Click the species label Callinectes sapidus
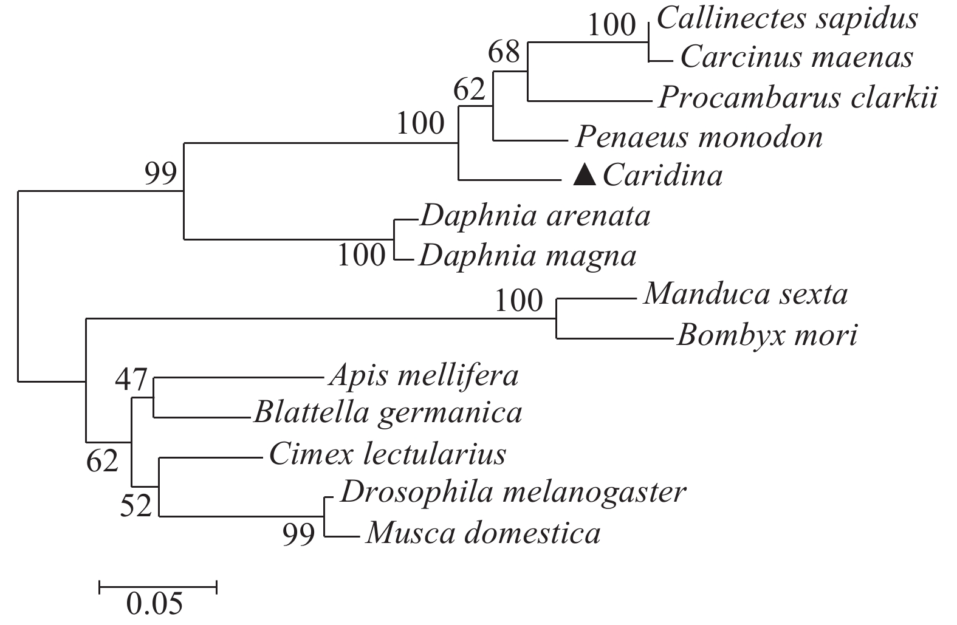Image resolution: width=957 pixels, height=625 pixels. (787, 19)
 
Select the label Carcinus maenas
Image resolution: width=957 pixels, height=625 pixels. (797, 58)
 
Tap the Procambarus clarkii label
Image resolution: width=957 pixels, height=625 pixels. (798, 98)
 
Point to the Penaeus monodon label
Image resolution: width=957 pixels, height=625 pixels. (699, 137)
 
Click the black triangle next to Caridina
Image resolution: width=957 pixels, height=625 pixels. (585, 176)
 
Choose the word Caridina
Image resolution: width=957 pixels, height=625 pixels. (663, 176)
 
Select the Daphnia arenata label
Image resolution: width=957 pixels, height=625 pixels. (535, 216)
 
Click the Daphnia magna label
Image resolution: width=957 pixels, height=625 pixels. (527, 256)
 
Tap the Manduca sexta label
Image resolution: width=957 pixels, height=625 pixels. (746, 295)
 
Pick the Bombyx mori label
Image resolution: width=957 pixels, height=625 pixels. (767, 335)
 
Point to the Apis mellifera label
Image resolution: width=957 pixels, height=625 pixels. (424, 376)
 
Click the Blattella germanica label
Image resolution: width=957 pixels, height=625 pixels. (388, 414)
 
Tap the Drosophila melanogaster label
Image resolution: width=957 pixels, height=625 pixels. (513, 493)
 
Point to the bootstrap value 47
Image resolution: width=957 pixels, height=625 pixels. (131, 381)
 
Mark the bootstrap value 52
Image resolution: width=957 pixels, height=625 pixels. (135, 505)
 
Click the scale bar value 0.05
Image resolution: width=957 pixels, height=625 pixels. (154, 604)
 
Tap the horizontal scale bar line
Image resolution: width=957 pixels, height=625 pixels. (158, 586)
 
